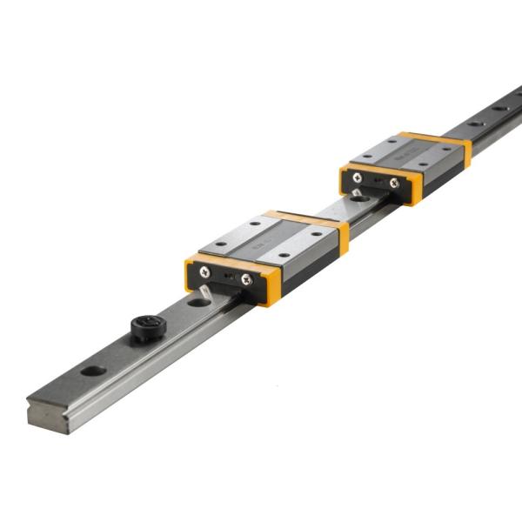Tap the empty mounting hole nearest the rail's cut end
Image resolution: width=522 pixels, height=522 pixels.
pos(93,371)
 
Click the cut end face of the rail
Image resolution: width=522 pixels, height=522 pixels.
pos(49,416)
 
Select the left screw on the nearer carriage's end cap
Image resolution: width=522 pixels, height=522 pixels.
pos(205,272)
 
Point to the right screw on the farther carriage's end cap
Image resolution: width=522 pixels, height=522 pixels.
pos(393,183)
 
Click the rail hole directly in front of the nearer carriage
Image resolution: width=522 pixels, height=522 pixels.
pos(197,300)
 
